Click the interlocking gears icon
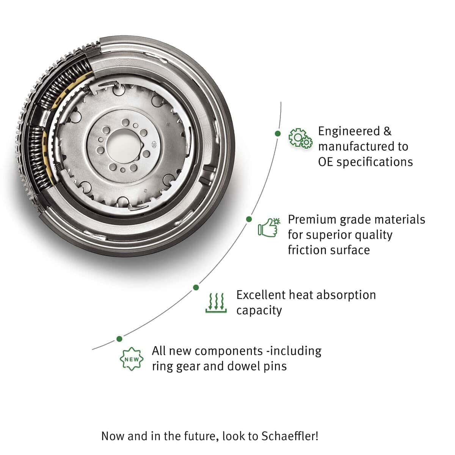(300, 138)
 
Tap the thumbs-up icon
(269, 227)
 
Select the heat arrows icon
(216, 303)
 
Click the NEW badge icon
(132, 359)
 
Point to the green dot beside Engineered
(278, 134)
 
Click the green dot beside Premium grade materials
(249, 219)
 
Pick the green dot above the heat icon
(196, 287)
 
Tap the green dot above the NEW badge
(119, 339)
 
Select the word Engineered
(349, 131)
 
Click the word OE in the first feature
(325, 162)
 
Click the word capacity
(259, 311)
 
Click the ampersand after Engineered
(387, 131)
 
